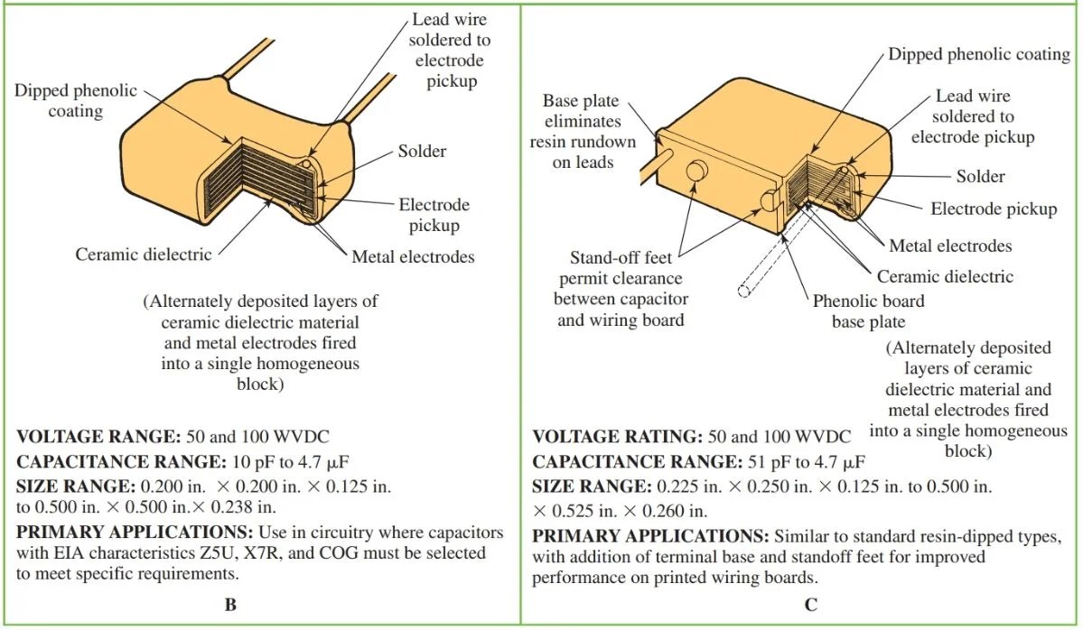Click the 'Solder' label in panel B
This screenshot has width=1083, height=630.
422,151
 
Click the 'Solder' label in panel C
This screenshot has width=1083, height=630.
980,176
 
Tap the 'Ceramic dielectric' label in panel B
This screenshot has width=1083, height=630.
144,255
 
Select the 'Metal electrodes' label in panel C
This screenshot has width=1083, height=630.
950,246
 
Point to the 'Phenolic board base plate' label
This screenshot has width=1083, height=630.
868,310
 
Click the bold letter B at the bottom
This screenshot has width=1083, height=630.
231,605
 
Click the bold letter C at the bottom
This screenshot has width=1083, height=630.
810,605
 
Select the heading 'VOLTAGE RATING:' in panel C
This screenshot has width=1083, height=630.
617,437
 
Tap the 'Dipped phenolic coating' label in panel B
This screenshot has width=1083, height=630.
76,101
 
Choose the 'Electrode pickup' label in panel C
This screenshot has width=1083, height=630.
994,209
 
